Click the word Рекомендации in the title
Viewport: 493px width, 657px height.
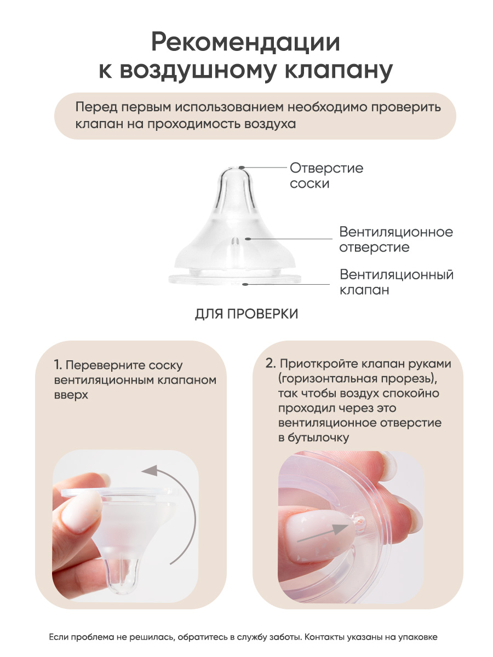coord(246,43)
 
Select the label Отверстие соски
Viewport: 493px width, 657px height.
coord(326,176)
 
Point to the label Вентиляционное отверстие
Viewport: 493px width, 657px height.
coord(396,239)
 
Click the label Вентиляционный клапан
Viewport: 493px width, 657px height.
coord(397,282)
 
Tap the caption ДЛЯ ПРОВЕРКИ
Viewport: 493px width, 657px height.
coord(246,314)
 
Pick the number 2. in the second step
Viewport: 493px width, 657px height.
coord(270,364)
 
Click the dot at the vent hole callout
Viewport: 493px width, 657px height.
coord(247,239)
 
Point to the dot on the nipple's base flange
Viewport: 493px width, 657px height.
coord(245,284)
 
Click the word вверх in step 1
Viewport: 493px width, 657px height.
coord(71,395)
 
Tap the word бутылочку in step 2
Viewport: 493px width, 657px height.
coord(318,438)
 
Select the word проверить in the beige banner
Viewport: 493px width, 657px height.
coord(406,107)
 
